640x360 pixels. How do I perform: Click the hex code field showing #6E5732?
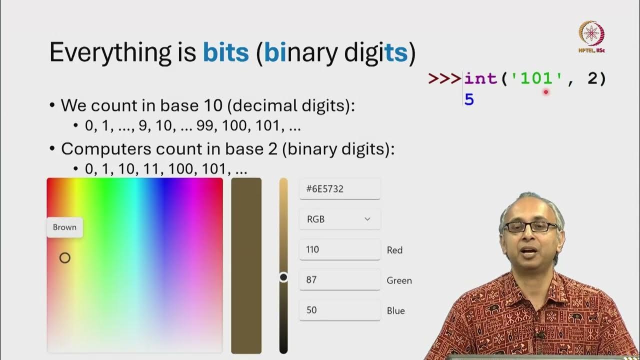tap(339, 189)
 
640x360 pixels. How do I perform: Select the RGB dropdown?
tap(339, 219)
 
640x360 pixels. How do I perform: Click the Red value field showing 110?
tap(339, 249)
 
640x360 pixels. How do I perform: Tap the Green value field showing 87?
tap(339, 279)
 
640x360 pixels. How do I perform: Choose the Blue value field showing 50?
tap(339, 310)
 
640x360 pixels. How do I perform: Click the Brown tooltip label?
tap(64, 227)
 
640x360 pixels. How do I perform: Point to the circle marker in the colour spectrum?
tap(65, 258)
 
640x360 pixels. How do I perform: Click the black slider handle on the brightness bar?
tap(283, 277)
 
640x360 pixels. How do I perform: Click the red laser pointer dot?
tap(546, 92)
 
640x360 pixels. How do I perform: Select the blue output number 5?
tap(468, 99)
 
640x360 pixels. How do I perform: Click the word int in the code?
tap(480, 78)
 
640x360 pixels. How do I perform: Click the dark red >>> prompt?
tap(445, 78)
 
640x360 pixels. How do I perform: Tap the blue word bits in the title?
tap(225, 53)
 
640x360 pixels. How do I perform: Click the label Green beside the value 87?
tap(399, 280)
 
